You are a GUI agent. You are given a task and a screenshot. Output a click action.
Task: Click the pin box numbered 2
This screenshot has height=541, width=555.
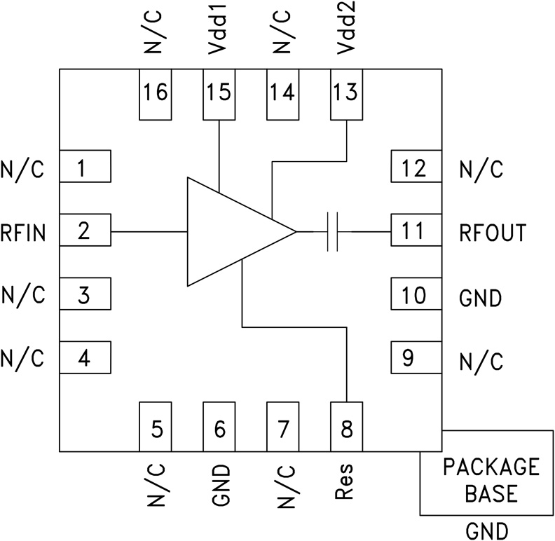[85, 231]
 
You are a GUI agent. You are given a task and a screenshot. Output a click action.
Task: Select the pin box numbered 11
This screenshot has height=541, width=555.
[415, 231]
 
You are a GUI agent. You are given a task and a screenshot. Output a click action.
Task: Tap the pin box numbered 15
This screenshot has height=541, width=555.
[219, 94]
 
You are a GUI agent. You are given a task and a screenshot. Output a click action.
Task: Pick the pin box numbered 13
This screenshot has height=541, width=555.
[345, 94]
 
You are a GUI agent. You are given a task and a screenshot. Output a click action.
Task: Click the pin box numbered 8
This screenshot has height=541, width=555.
[346, 427]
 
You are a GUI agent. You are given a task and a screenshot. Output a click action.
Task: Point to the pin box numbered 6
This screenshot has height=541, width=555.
[219, 427]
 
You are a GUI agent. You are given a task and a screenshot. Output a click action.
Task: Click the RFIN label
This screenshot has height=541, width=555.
[23, 232]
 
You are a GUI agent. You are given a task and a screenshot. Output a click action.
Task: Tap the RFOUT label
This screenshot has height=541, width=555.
[493, 232]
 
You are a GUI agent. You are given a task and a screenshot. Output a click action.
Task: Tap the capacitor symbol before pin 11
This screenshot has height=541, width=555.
[333, 231]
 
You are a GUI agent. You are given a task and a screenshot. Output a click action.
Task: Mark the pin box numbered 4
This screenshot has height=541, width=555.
[85, 359]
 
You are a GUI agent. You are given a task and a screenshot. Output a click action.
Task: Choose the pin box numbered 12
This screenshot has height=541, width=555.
[415, 167]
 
